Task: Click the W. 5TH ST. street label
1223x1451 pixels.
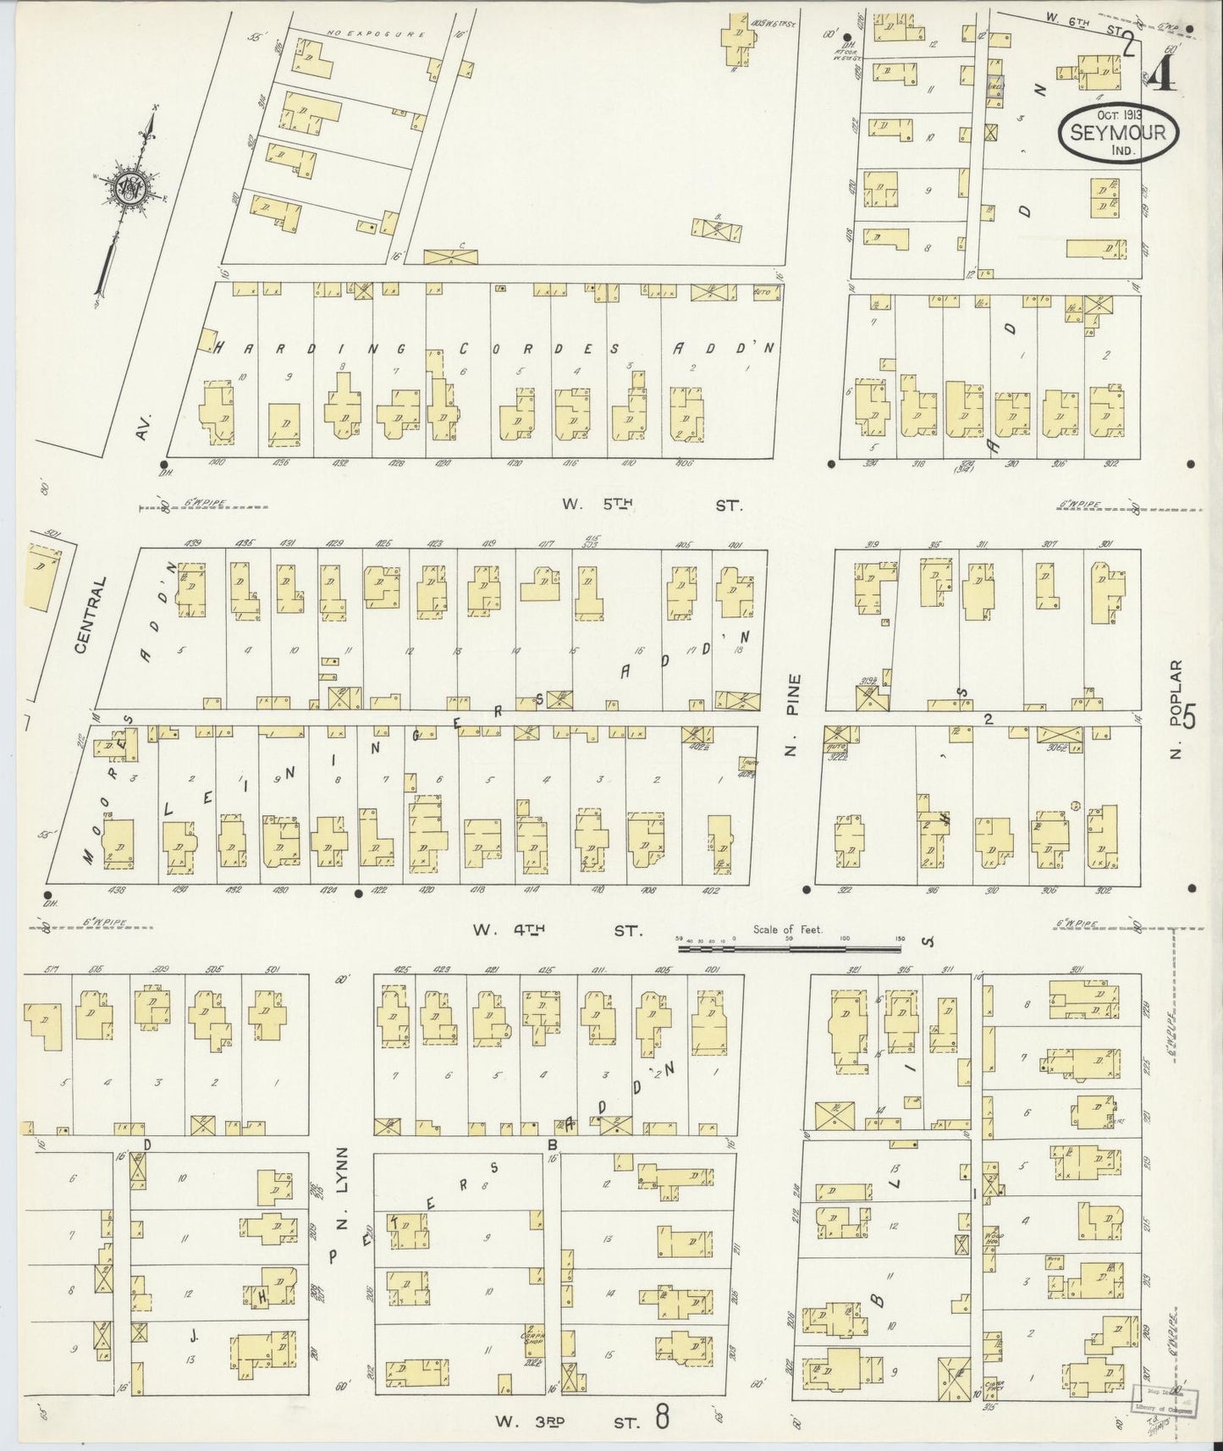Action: click(x=652, y=505)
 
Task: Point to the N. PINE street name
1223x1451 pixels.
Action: click(x=792, y=715)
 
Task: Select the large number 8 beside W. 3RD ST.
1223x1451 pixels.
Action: click(x=661, y=1416)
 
